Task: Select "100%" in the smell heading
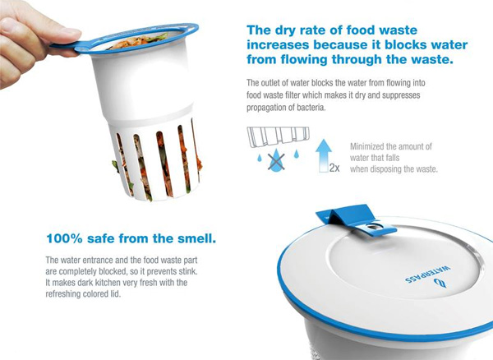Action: (x=64, y=238)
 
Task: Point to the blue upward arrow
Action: (x=324, y=155)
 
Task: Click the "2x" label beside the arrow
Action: (x=334, y=168)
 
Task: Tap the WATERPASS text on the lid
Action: (x=427, y=275)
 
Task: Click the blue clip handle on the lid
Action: (x=355, y=218)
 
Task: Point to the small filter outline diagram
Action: (x=279, y=136)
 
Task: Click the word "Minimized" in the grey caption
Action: (x=367, y=146)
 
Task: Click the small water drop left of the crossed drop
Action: (x=260, y=158)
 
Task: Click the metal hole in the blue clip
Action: (x=373, y=226)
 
